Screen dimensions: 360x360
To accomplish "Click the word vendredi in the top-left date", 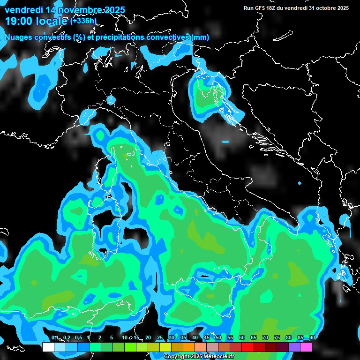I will (x=24, y=10).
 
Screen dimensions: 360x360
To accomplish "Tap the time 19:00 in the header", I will (x=17, y=21).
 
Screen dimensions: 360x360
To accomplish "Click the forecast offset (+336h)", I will (x=84, y=21).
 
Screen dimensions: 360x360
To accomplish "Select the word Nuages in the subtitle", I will (x=18, y=37).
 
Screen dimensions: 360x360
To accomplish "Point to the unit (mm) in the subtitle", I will (x=200, y=37).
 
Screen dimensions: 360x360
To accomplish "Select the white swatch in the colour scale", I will (x=48, y=347).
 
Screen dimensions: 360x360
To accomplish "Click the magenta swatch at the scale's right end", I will (x=306, y=347).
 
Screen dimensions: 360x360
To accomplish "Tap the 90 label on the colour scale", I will (x=312, y=338).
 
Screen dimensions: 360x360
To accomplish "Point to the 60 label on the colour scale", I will (x=242, y=338).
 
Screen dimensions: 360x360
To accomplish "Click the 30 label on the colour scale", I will (x=172, y=338).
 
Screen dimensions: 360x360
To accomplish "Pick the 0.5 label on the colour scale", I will (x=78, y=338).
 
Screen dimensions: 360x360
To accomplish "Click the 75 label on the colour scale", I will (x=277, y=338).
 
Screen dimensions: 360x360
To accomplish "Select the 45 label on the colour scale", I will (x=207, y=338).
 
